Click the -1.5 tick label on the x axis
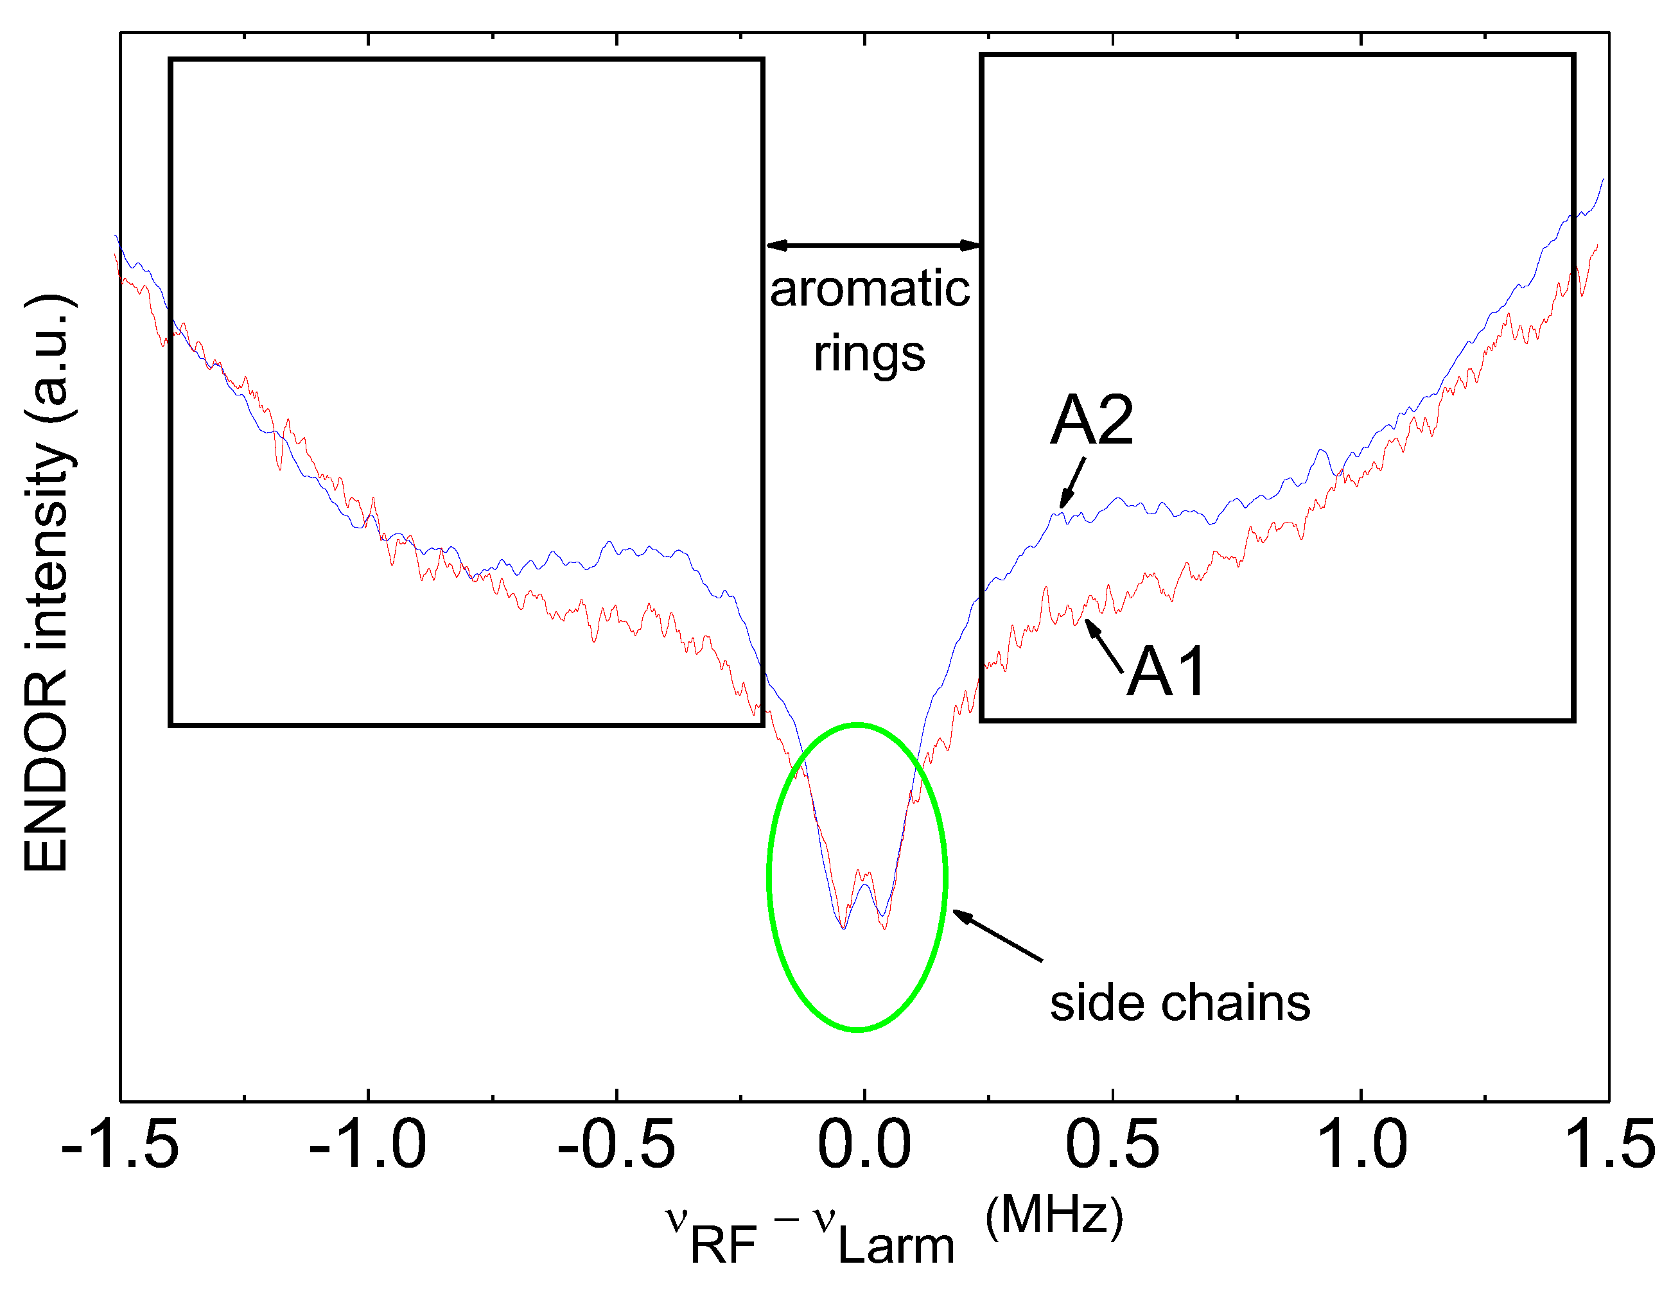coord(119,1145)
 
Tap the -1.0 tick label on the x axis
coord(367,1145)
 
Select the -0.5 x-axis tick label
coord(616,1145)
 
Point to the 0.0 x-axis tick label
coord(864,1145)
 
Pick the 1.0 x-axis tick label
coord(1360,1145)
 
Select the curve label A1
coord(1166,671)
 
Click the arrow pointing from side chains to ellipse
coord(997,935)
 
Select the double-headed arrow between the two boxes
coord(873,246)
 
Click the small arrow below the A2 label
coord(1072,483)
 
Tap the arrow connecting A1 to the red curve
coord(1104,646)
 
